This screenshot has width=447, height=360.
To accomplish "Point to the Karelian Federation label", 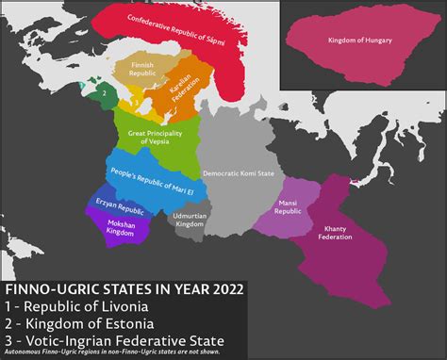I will pos(180,86).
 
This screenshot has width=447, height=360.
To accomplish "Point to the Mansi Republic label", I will pos(287,208).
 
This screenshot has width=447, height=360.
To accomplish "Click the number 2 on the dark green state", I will pos(102,92).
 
